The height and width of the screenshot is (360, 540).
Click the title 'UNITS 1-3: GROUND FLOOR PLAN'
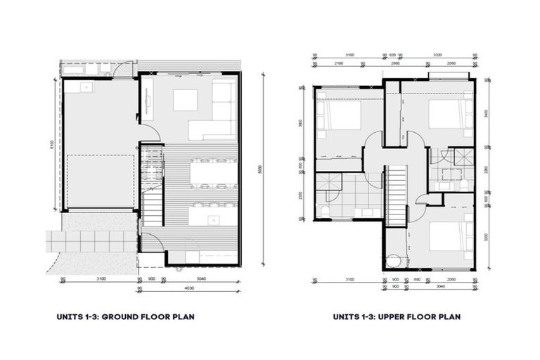[125, 317]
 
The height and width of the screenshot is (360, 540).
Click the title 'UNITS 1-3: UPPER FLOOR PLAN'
[397, 317]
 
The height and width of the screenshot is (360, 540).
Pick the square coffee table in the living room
[186, 100]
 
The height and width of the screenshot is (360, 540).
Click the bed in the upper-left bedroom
[339, 117]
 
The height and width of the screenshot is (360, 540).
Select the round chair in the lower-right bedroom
[394, 261]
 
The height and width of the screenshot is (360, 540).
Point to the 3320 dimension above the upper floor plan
[437, 54]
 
